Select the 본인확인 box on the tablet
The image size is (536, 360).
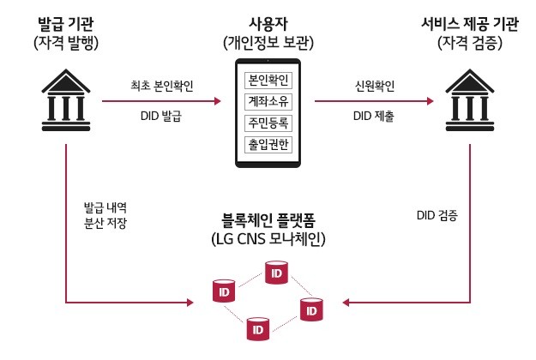coord(268,81)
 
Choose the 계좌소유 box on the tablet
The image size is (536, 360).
coord(268,102)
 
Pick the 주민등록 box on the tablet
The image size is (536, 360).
coord(268,123)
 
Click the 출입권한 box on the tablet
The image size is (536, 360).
coord(268,143)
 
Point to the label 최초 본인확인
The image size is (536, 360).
coord(160,86)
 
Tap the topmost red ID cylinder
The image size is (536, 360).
coord(275,273)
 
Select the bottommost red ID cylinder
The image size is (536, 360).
coord(256,327)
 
